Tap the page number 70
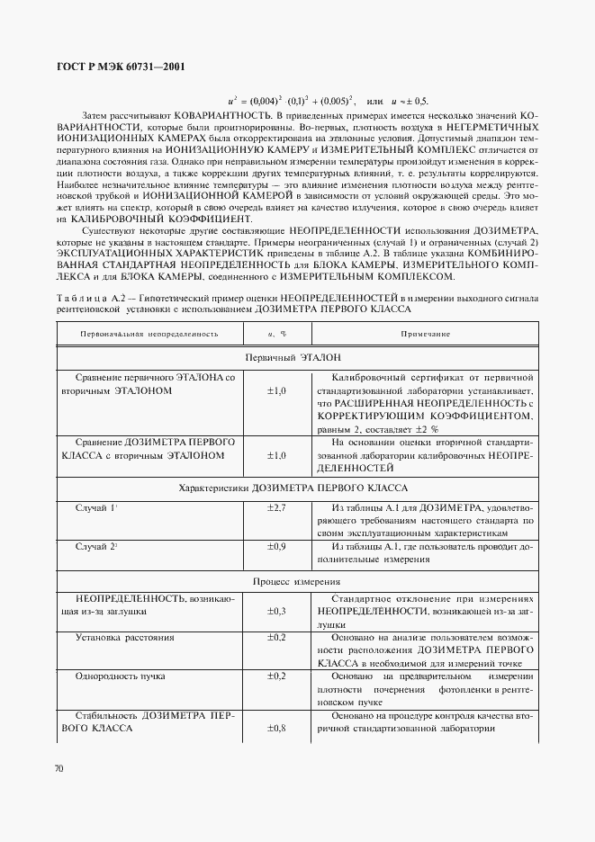point(59,768)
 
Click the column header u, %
point(276,333)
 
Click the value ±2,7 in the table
point(276,508)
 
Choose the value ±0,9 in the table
point(276,546)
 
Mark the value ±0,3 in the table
point(276,611)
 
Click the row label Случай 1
point(96,508)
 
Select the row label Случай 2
point(96,546)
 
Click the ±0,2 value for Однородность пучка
point(276,676)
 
